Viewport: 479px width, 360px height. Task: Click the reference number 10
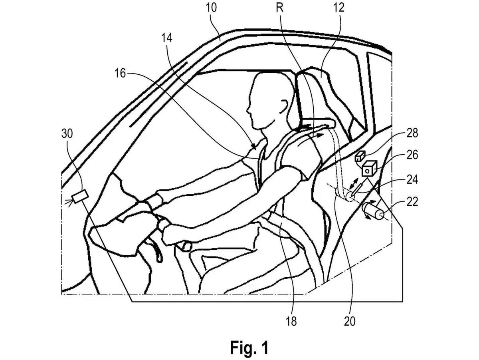(211, 8)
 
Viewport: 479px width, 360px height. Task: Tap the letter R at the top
(279, 8)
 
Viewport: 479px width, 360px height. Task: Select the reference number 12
(338, 8)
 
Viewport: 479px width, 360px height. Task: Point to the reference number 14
(167, 38)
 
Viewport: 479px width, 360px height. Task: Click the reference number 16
(120, 73)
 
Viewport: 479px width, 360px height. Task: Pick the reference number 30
(67, 133)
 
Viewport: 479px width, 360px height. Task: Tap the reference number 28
(412, 133)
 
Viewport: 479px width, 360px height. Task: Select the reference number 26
(412, 155)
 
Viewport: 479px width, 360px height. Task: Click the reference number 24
(412, 179)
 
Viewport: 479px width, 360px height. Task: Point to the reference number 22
(412, 201)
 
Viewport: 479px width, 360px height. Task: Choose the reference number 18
(291, 321)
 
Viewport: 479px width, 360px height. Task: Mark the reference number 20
(350, 321)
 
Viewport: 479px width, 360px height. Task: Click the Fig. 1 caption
(249, 348)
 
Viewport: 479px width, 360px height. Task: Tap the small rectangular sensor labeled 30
(80, 197)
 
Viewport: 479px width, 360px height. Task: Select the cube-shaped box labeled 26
(370, 168)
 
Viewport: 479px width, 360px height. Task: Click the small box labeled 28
(360, 156)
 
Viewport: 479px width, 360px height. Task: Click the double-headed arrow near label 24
(354, 184)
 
